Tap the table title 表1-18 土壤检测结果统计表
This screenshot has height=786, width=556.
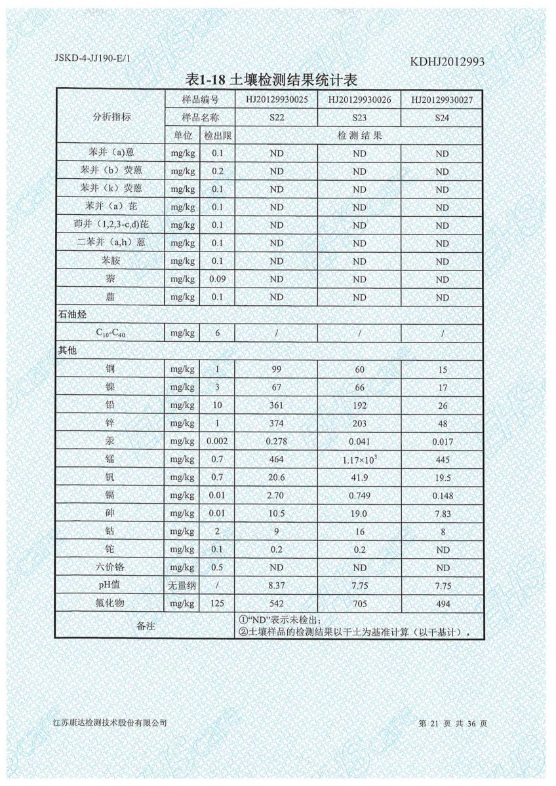pyautogui.click(x=271, y=81)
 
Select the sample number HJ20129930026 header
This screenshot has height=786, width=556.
pyautogui.click(x=359, y=100)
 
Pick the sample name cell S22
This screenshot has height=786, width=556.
pyautogui.click(x=276, y=118)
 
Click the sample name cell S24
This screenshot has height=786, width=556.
pyautogui.click(x=442, y=118)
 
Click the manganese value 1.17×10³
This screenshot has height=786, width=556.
pyautogui.click(x=359, y=460)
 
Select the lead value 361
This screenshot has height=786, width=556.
pyautogui.click(x=276, y=405)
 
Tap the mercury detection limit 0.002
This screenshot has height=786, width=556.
pyautogui.click(x=216, y=441)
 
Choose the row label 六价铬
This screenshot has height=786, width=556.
pyautogui.click(x=109, y=568)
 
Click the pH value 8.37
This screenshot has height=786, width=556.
pyautogui.click(x=276, y=586)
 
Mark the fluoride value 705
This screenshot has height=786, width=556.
pyautogui.click(x=359, y=604)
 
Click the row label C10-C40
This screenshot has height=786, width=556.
pyautogui.click(x=109, y=333)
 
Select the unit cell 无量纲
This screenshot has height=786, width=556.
pyautogui.click(x=181, y=586)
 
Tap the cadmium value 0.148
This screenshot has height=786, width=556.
pyautogui.click(x=442, y=496)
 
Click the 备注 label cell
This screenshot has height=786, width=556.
pyautogui.click(x=145, y=626)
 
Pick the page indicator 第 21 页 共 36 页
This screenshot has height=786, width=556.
pyautogui.click(x=452, y=723)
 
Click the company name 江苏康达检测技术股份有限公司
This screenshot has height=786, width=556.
pyautogui.click(x=110, y=723)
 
